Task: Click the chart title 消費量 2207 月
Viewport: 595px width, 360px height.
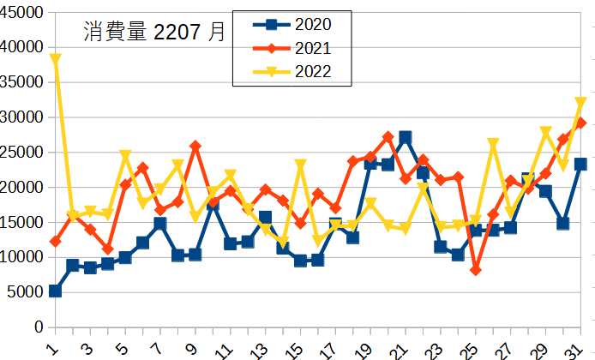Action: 155,33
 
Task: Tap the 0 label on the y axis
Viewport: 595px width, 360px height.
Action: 38,327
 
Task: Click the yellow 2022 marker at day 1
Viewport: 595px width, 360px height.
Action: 56,59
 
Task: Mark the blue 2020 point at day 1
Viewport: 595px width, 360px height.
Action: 56,291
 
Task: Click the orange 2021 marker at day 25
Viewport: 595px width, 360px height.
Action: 476,270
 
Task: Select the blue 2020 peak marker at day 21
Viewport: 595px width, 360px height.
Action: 406,138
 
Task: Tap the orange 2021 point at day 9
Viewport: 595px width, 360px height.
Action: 195,147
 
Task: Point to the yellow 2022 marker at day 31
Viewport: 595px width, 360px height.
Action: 580,103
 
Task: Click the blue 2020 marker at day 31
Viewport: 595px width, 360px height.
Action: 580,164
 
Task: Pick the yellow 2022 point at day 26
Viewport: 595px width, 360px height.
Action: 493,144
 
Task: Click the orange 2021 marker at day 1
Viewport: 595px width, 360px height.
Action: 56,242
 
